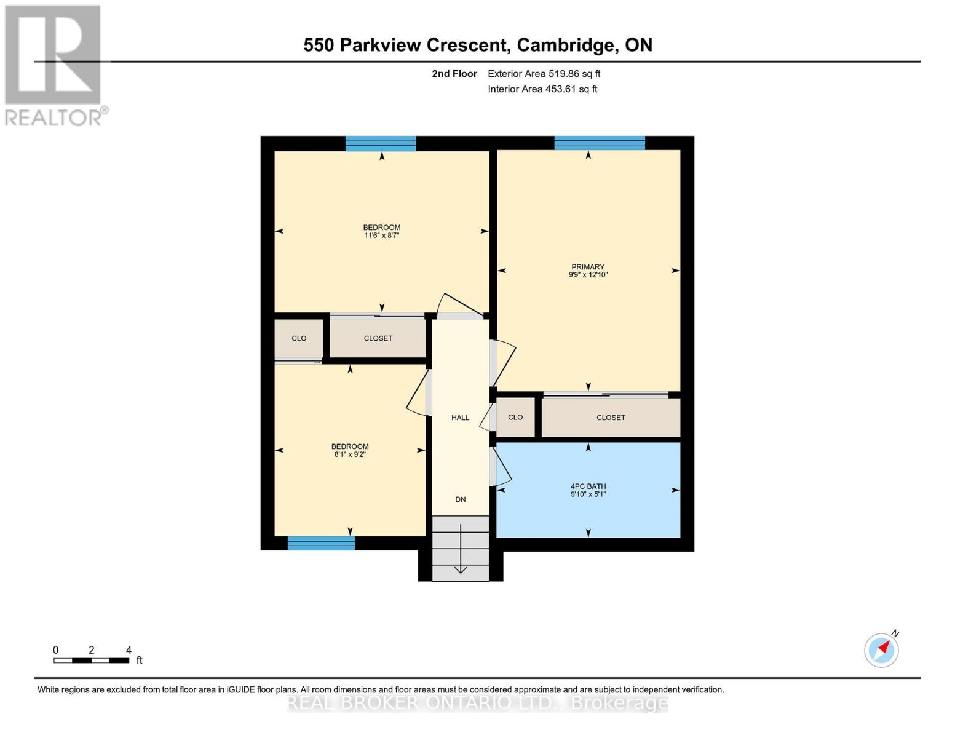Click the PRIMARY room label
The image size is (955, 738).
pos(588,267)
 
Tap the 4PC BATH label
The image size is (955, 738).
pos(588,486)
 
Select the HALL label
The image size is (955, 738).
pos(460,418)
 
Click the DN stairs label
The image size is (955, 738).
pos(460,499)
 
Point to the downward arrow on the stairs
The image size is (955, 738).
pos(460,549)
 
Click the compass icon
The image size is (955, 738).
pos(882,650)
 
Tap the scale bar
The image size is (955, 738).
pos(92,660)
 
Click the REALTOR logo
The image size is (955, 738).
pos(55,66)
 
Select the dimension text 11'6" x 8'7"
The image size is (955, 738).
pos(381,236)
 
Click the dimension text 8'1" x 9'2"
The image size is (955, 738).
pos(350,454)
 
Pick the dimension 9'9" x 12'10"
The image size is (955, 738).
pos(588,275)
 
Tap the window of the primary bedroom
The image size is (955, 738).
pos(600,143)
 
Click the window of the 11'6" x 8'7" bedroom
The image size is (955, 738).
pos(381,143)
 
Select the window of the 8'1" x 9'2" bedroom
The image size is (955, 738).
pos(321,543)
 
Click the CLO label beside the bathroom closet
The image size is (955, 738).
pos(515,417)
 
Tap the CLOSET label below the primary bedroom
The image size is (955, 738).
pos(611,418)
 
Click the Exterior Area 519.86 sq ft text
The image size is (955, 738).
pos(544,74)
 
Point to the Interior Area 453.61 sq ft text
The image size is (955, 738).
pos(542,89)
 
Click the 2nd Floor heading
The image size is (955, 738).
pos(454,74)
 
